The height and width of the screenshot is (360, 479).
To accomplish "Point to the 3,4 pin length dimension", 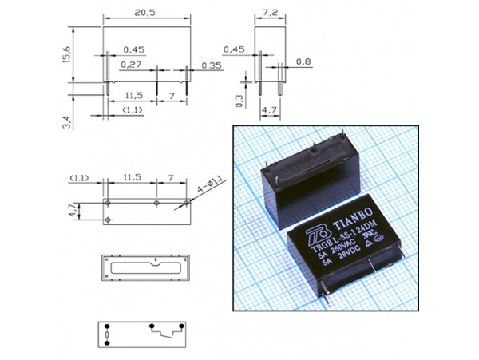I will (x=69, y=122).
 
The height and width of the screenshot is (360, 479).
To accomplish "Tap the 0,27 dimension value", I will (x=131, y=64).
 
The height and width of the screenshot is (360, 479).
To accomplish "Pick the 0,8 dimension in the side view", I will (x=303, y=61).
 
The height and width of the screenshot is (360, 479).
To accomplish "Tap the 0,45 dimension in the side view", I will (x=234, y=50).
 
